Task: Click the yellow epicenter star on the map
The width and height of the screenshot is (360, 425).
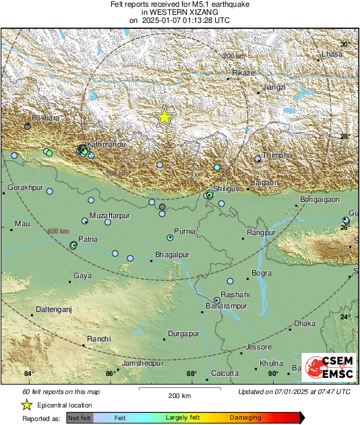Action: pos(164,117)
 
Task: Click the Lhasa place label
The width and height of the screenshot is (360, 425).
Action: pos(332,54)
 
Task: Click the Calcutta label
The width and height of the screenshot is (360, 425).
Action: pos(224,373)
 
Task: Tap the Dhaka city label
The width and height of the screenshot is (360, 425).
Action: pos(305,324)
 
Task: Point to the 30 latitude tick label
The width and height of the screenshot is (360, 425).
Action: pos(344,44)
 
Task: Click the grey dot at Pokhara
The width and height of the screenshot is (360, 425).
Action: pos(28,127)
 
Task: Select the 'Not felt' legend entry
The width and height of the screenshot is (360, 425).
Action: pos(78,418)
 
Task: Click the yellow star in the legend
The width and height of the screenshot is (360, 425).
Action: pos(27,405)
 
